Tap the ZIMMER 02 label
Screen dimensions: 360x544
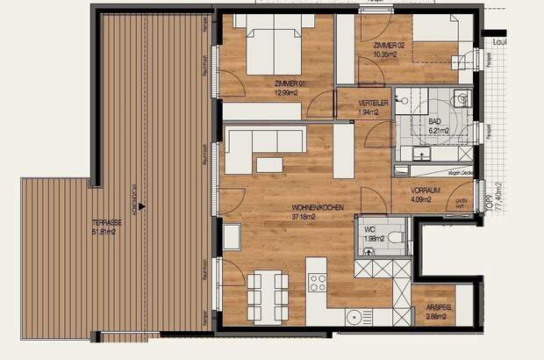388,46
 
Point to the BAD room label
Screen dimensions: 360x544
435,122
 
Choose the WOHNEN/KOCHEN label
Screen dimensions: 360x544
318,208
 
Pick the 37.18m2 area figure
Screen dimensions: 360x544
318,217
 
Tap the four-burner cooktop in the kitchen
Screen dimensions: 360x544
318,282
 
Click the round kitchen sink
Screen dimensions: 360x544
354,318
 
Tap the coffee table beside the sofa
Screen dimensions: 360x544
269,164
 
